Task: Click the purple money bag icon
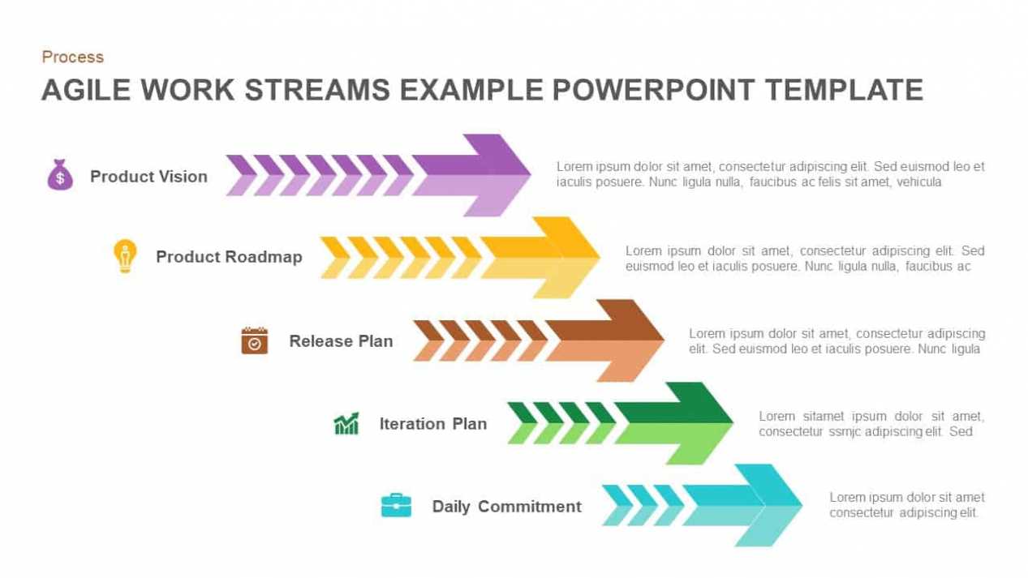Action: click(60, 174)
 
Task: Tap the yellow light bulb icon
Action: click(125, 256)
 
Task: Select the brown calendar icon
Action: click(255, 340)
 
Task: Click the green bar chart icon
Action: click(346, 423)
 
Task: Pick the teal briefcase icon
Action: click(396, 505)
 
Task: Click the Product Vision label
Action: click(148, 177)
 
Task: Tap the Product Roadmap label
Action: click(229, 257)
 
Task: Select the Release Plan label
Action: click(341, 341)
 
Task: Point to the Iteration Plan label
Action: click(432, 424)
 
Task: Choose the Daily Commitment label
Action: click(506, 507)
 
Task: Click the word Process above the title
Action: click(72, 57)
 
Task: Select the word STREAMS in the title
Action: click(317, 90)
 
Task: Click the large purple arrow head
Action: click(471, 175)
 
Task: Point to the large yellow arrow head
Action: click(540, 258)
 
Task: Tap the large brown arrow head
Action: click(604, 340)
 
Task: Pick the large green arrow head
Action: click(673, 423)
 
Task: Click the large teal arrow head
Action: click(742, 505)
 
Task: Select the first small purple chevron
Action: click(242, 176)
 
